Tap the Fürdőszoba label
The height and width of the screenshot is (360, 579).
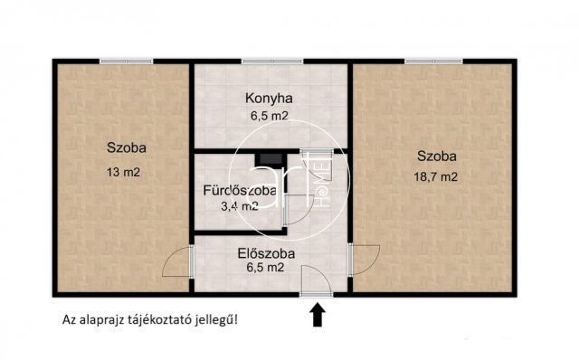tap(239, 191)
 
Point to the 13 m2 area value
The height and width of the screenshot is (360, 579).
tap(125, 170)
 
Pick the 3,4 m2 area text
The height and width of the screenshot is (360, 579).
tap(239, 206)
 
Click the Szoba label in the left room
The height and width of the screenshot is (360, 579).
tap(125, 147)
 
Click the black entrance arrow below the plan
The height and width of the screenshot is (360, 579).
tap(318, 315)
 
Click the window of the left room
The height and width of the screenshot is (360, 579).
tap(125, 62)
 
